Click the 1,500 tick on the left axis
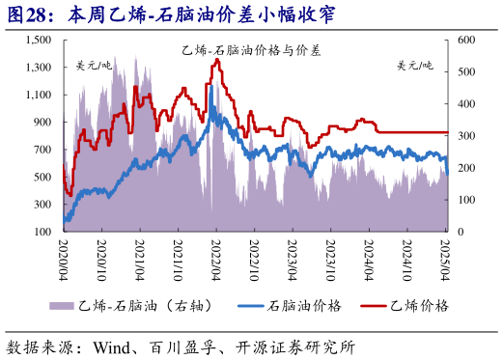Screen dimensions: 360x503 click(38, 41)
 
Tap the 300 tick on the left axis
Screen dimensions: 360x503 click(42, 205)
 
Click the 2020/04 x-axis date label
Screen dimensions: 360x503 click(64, 259)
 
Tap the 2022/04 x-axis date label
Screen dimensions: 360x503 click(216, 259)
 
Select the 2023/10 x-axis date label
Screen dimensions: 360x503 click(331, 259)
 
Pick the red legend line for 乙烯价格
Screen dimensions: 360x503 click(363, 305)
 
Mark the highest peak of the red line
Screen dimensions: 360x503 click(216, 60)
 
